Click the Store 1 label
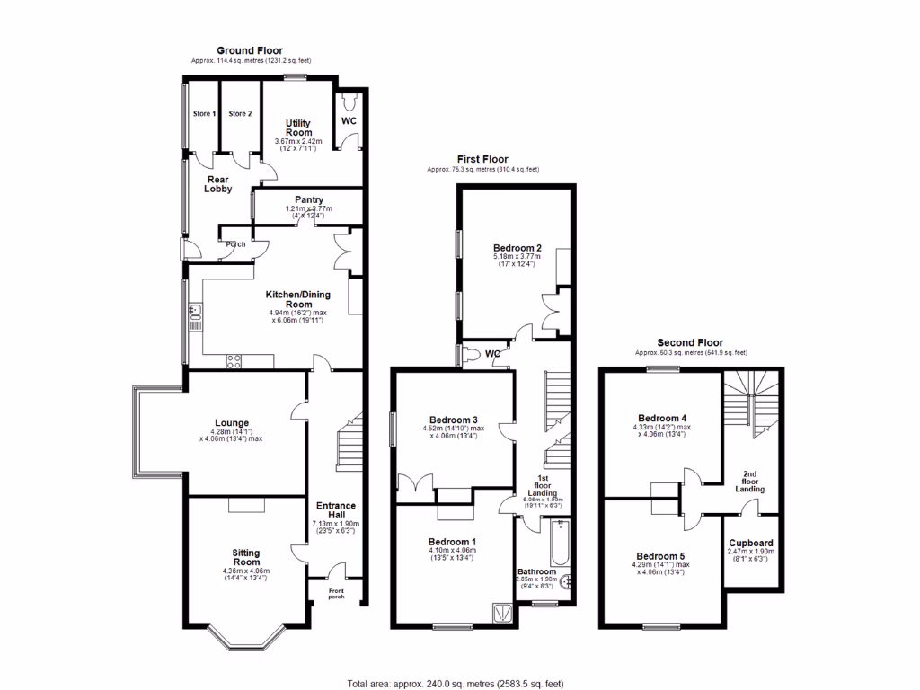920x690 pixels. [x=204, y=114]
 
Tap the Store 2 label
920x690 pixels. [x=240, y=114]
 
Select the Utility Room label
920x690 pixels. [x=299, y=128]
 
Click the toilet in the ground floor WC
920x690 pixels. [x=349, y=100]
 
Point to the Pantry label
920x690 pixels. [x=309, y=199]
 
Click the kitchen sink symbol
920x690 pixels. [x=195, y=313]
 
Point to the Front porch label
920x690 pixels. [x=335, y=593]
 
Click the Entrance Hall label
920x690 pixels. [x=335, y=510]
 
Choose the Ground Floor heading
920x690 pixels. [x=250, y=50]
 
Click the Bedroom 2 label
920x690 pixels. [x=517, y=248]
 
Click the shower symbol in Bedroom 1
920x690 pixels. [x=500, y=613]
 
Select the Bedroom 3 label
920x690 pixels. [x=453, y=420]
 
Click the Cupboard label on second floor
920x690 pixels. [x=750, y=543]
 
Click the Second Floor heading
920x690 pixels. [x=690, y=342]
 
